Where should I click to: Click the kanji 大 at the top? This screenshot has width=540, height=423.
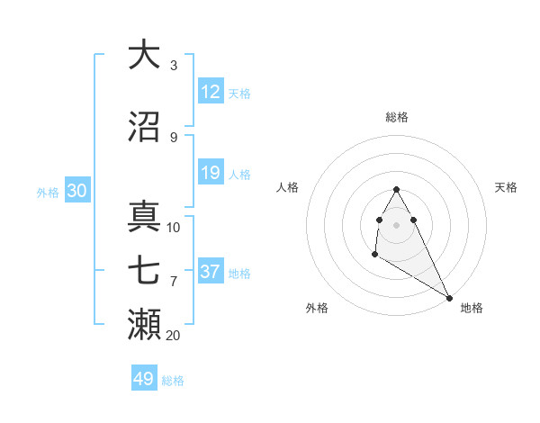144,55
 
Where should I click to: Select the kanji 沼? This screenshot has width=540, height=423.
144,127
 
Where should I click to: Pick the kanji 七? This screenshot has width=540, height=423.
144,271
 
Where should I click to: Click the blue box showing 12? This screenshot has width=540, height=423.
211,92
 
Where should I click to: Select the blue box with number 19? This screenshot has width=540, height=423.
211,173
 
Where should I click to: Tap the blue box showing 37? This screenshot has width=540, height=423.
211,272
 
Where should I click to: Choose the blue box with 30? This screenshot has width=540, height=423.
77,191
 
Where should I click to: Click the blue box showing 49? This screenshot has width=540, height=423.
144,379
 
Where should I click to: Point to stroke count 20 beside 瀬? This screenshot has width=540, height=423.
174,336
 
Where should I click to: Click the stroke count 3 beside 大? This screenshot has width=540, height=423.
174,66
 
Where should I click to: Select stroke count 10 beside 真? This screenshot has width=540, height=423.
174,228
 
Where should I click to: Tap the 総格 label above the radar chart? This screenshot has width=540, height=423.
397,117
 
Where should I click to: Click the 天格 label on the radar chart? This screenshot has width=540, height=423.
507,187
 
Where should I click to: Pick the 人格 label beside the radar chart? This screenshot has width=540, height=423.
288,187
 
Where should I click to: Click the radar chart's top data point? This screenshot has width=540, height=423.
397,189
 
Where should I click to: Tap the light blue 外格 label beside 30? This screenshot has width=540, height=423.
48,192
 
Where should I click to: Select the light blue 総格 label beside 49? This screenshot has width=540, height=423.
173,381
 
